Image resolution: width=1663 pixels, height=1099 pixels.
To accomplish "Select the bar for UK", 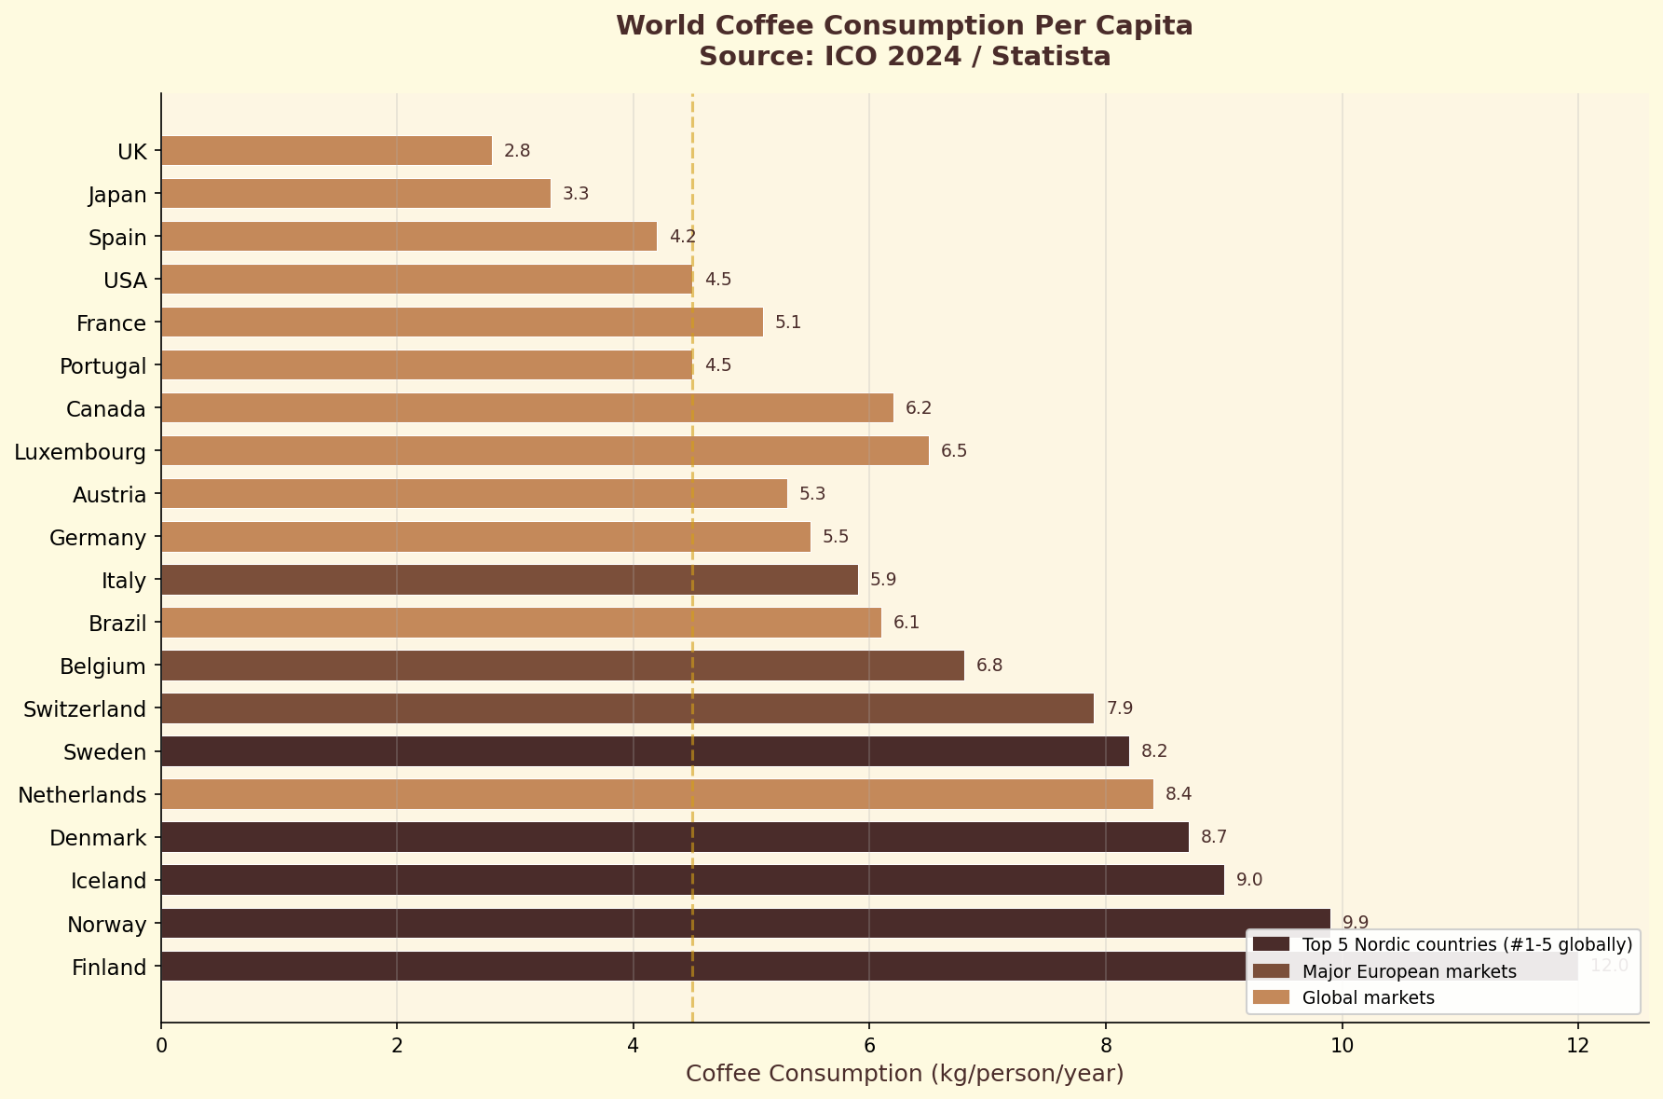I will [x=326, y=151].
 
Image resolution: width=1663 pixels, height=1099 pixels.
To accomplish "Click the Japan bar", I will [x=356, y=194].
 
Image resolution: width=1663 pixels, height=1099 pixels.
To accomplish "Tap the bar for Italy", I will [x=509, y=580].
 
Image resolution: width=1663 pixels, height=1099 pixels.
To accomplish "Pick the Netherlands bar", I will [x=657, y=794].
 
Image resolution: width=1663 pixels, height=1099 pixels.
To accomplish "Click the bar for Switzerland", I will [x=627, y=708].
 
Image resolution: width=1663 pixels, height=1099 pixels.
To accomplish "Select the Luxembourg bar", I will [x=544, y=451].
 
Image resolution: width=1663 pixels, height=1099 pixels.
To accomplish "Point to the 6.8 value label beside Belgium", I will [x=989, y=666].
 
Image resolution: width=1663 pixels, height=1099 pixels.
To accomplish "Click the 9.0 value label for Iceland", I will [x=1248, y=880].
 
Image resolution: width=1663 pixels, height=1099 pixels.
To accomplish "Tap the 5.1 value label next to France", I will [x=788, y=323].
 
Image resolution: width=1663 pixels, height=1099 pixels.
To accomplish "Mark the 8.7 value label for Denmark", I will [x=1213, y=837].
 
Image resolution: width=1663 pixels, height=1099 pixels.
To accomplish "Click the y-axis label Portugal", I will [x=102, y=366].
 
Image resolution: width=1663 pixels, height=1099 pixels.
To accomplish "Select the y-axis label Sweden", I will [x=104, y=752].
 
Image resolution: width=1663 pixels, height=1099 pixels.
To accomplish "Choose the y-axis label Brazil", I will [x=117, y=624].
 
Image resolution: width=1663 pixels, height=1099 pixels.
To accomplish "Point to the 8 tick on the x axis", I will [x=1106, y=1046].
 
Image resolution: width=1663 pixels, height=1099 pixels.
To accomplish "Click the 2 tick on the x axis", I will [x=397, y=1046].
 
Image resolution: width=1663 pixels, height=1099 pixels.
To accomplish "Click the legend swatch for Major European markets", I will [x=1271, y=971].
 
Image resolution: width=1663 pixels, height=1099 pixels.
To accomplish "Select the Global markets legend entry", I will [x=1368, y=998].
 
